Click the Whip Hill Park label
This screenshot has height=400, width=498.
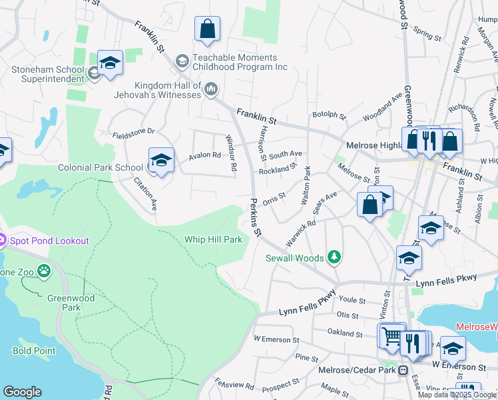tap(213, 239)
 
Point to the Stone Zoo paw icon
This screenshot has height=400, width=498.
tap(44, 271)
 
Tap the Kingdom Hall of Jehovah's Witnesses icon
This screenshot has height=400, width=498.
tap(211, 89)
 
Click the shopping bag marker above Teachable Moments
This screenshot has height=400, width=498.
tap(207, 30)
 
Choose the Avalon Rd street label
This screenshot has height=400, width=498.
tap(204, 155)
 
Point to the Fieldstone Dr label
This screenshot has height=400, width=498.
tap(132, 131)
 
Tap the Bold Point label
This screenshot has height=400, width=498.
tap(31, 350)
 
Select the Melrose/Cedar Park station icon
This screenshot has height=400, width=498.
tap(403, 371)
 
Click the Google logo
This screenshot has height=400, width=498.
tap(22, 392)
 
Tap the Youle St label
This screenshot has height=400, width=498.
tap(350, 300)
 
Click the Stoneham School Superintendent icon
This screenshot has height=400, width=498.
tap(95, 73)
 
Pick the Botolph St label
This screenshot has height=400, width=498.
tap(330, 116)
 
